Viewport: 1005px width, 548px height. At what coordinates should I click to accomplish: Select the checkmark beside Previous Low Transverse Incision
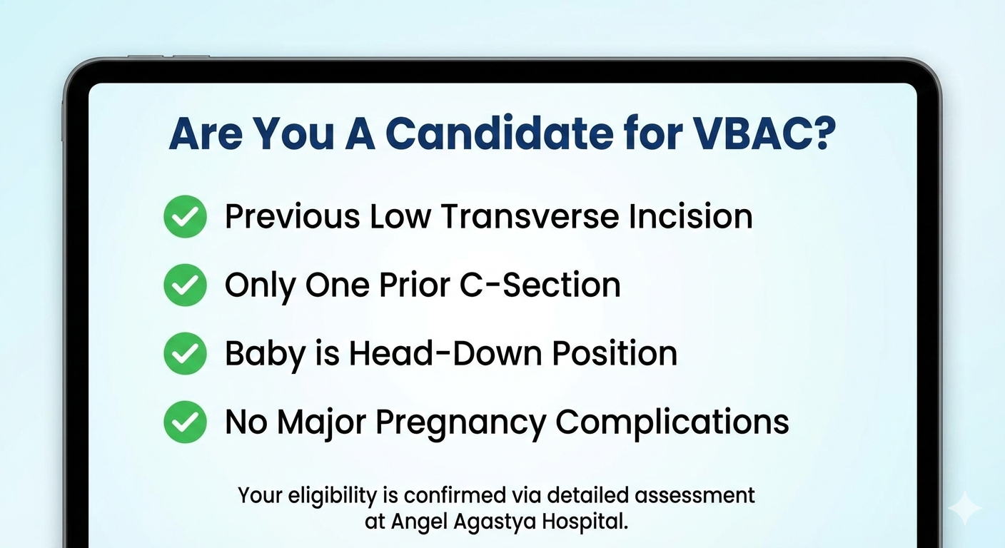coord(185,217)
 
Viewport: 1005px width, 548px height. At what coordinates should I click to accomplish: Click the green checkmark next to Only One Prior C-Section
coord(185,285)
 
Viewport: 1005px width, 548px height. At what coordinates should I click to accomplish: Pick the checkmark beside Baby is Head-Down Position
coord(185,354)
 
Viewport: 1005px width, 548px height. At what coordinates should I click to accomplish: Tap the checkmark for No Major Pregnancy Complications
coord(185,422)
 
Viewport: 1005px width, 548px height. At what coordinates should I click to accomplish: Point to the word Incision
coord(690,217)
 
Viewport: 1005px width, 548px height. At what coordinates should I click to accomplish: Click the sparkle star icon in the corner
coord(965,509)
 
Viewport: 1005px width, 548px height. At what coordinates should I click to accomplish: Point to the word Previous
coord(293,217)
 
